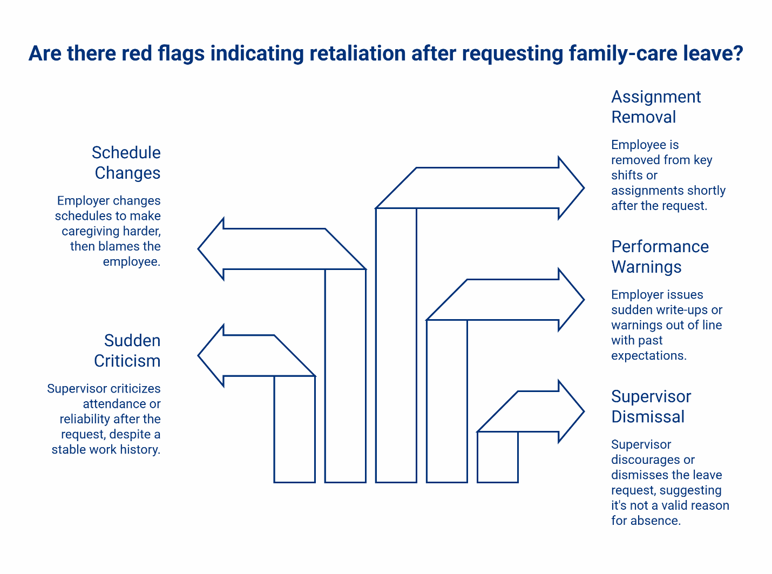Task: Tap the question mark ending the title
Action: click(737, 54)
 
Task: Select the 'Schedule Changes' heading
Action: click(127, 163)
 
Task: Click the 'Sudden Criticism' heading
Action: click(128, 350)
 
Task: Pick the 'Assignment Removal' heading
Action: click(655, 107)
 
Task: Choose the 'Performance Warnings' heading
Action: click(660, 256)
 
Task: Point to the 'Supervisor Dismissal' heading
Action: click(651, 407)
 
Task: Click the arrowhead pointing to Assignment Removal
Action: click(570, 188)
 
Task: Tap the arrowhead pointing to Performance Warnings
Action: click(570, 300)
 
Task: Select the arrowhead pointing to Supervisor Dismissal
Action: click(570, 411)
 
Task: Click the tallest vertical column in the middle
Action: click(396, 346)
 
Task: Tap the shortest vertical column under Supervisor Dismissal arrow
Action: click(498, 457)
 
